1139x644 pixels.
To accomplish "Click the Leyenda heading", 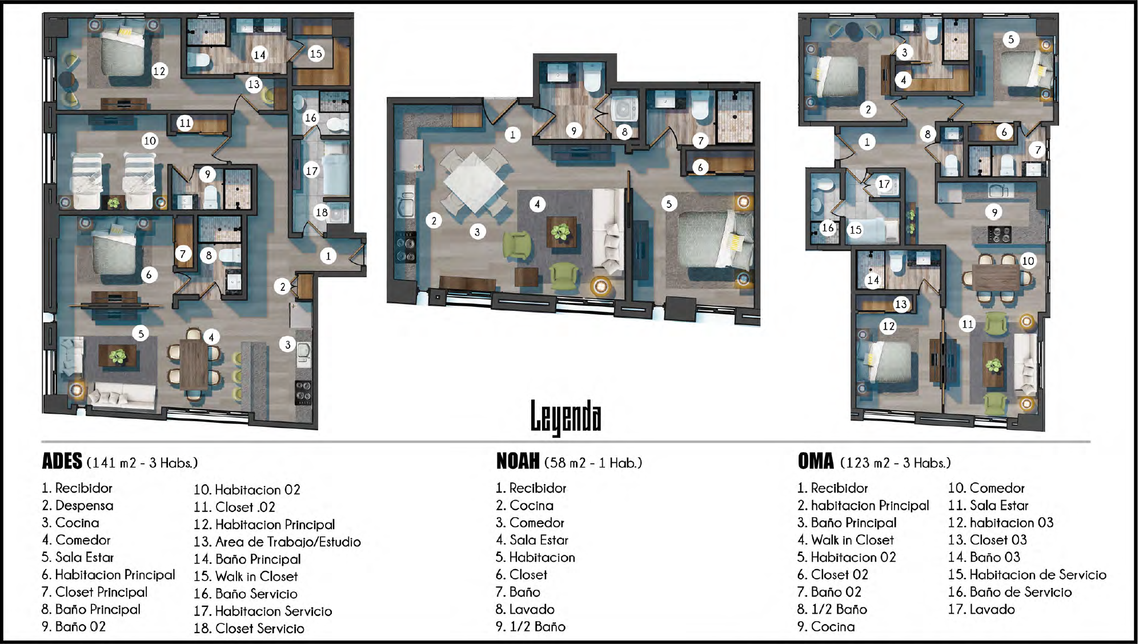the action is coord(566,417).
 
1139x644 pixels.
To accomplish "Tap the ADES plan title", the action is coord(62,461).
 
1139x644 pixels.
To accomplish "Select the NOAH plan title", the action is coord(518,461).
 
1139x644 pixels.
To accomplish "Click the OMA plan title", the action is coord(816,461).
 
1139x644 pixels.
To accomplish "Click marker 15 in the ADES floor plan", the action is coord(316,54).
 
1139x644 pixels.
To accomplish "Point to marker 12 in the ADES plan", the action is coord(159,71).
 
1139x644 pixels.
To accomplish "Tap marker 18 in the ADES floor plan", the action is coord(322,213).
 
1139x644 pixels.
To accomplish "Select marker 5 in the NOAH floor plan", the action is coord(669,203).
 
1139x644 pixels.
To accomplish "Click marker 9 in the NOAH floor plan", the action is coord(574,131).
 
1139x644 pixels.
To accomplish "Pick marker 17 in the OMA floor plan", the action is coord(884,184).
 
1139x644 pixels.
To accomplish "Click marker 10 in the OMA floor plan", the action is coord(1028,261).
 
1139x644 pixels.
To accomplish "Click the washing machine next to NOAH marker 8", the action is coord(624,109).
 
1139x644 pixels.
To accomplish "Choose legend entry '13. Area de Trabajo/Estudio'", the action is coord(277,542).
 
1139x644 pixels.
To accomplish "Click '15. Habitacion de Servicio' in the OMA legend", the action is coord(1027,574).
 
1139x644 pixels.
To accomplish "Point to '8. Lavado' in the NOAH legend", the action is coord(525,609).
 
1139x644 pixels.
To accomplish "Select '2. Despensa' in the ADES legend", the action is coord(78,506).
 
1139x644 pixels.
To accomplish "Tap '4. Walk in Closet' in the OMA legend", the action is coord(845,540).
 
